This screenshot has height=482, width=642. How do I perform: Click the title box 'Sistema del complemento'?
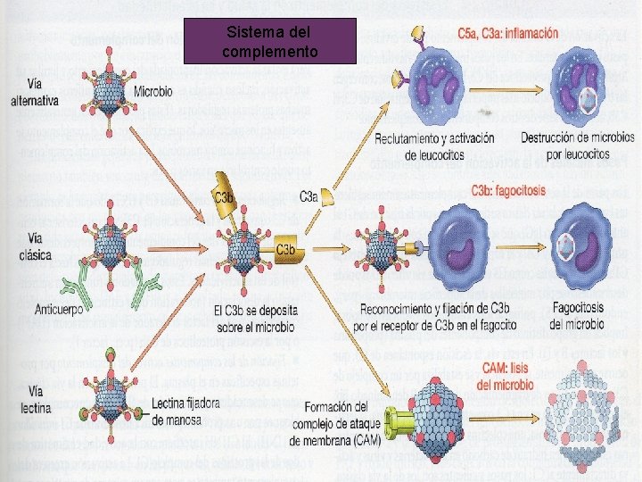pyautogui.click(x=269, y=41)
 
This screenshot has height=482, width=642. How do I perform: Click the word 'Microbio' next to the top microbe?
pyautogui.click(x=153, y=92)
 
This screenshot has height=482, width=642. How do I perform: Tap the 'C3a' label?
pyautogui.click(x=309, y=196)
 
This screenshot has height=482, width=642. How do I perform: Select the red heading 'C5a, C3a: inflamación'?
pyautogui.click(x=508, y=34)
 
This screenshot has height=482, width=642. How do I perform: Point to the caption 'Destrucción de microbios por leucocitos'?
pyautogui.click(x=578, y=147)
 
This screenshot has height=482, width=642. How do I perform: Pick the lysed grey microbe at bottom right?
pyautogui.click(x=589, y=430)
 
